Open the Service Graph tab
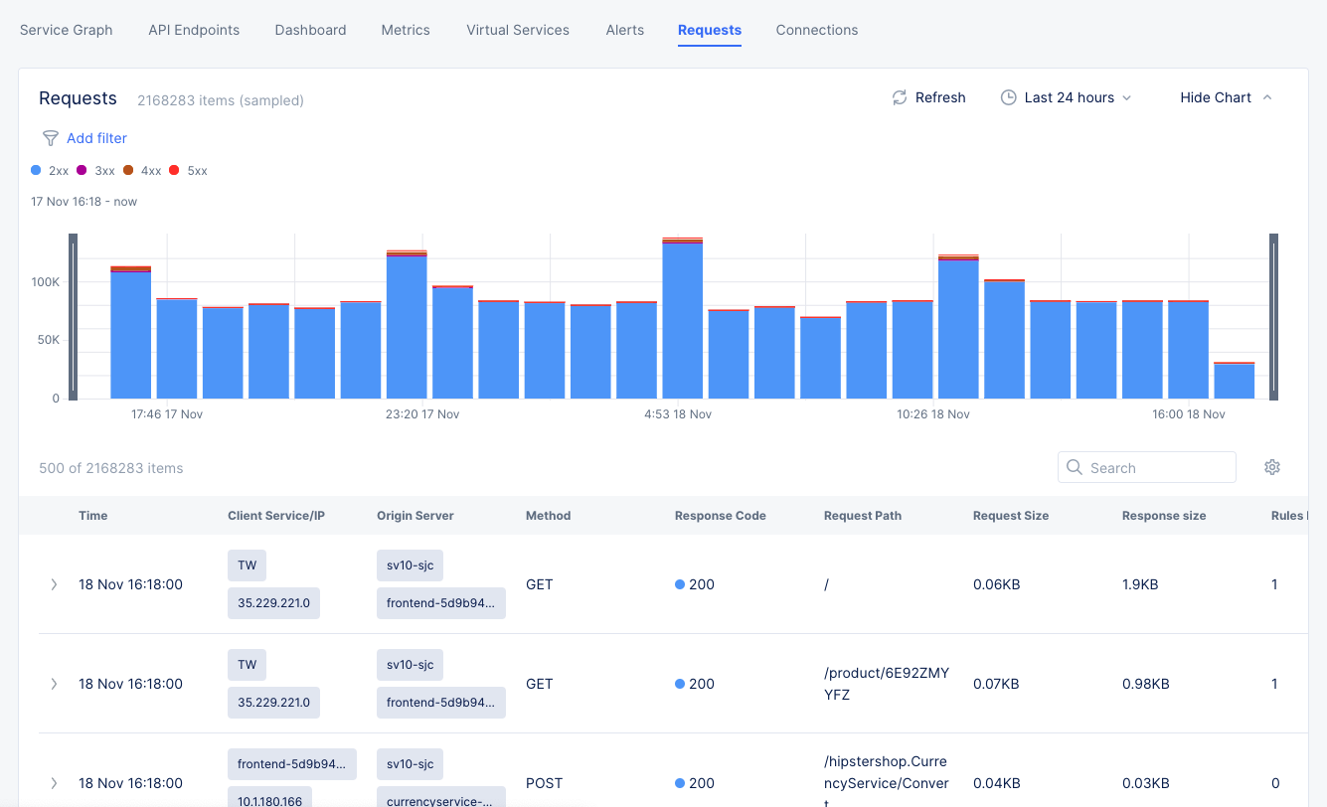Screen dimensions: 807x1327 tap(66, 30)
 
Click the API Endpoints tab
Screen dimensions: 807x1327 tap(194, 30)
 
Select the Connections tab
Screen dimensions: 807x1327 tap(816, 30)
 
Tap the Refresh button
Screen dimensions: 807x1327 tap(928, 97)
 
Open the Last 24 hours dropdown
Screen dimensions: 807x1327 tap(1066, 97)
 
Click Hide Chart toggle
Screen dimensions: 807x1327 tap(1225, 97)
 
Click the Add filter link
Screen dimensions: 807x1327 tap(96, 138)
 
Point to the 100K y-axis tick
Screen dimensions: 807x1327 tap(46, 282)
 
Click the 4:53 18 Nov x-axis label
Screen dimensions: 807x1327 tap(678, 414)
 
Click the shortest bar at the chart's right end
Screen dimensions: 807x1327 tap(1234, 382)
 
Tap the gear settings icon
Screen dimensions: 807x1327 tap(1271, 467)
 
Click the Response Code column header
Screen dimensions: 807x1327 tap(720, 516)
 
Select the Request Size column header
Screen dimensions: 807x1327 tap(1010, 516)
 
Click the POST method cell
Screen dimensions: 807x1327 tap(543, 783)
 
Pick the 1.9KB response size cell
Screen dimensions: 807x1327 tap(1139, 584)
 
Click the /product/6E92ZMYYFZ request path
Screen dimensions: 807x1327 tap(886, 684)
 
